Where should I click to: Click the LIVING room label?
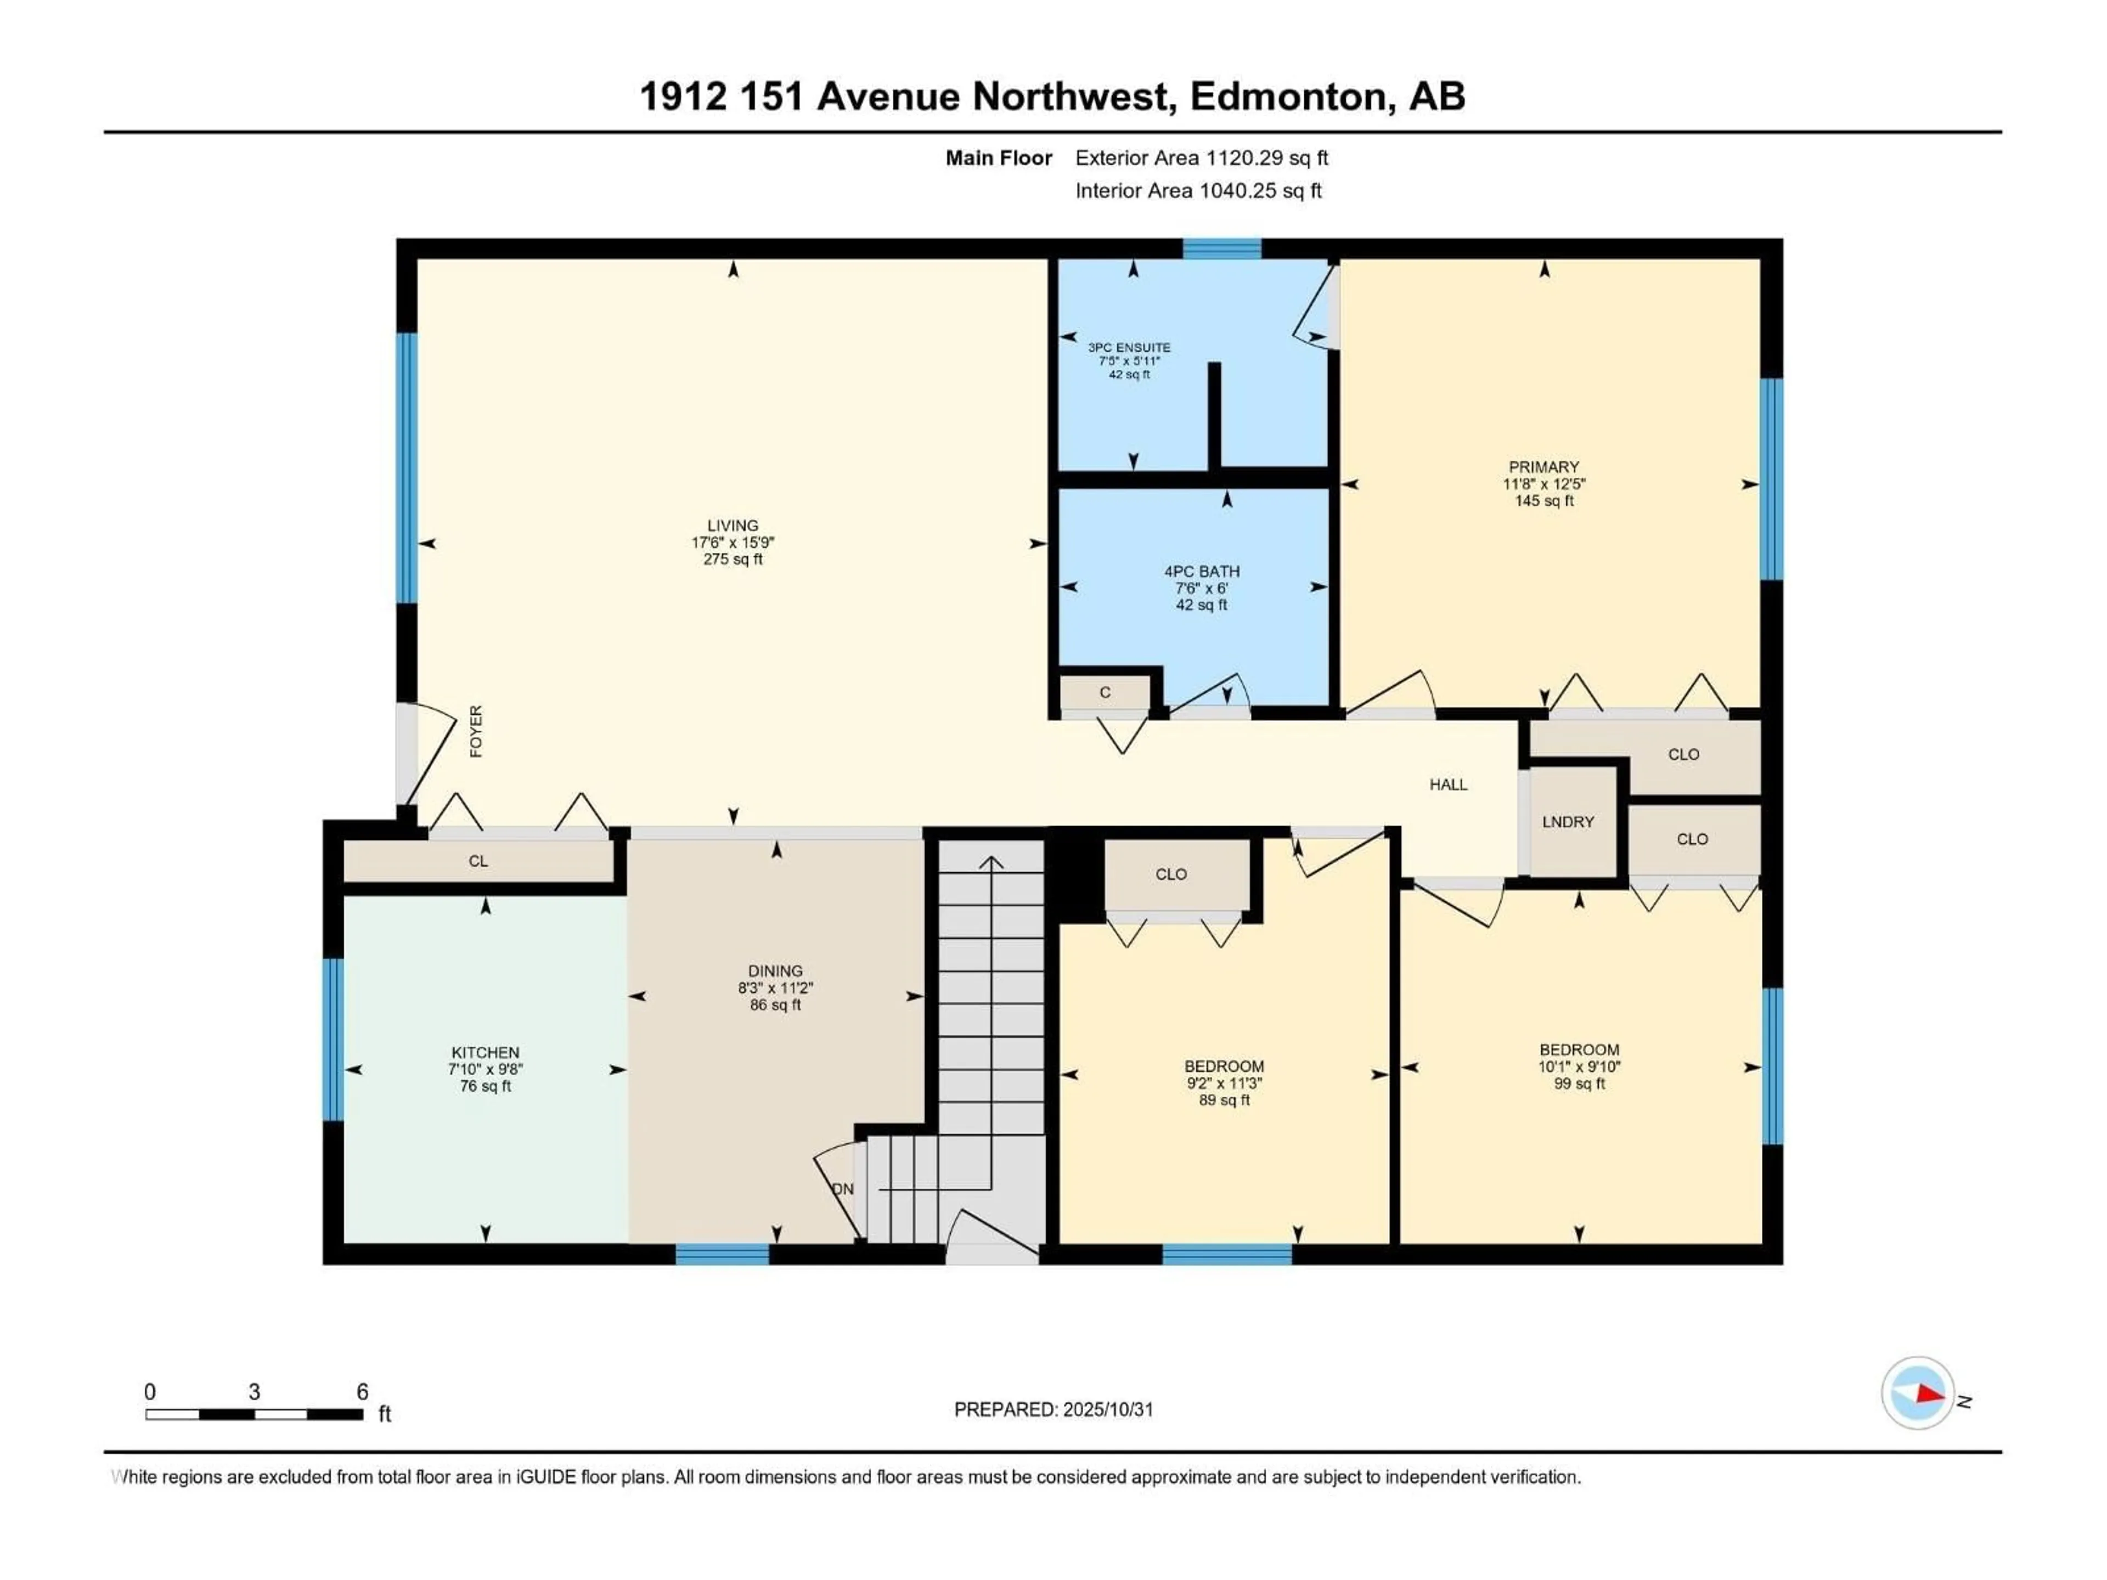click(x=733, y=526)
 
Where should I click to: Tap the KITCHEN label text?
click(x=485, y=1052)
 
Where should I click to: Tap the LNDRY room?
click(x=1568, y=822)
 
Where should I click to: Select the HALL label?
click(x=1448, y=785)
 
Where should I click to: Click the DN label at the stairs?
click(x=843, y=1189)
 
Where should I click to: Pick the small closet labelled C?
click(x=1105, y=692)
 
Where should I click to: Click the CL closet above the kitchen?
click(x=478, y=861)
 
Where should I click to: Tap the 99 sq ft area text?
click(x=1579, y=1084)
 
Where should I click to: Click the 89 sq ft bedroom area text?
click(x=1224, y=1100)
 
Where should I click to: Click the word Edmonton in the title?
click(x=1288, y=96)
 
